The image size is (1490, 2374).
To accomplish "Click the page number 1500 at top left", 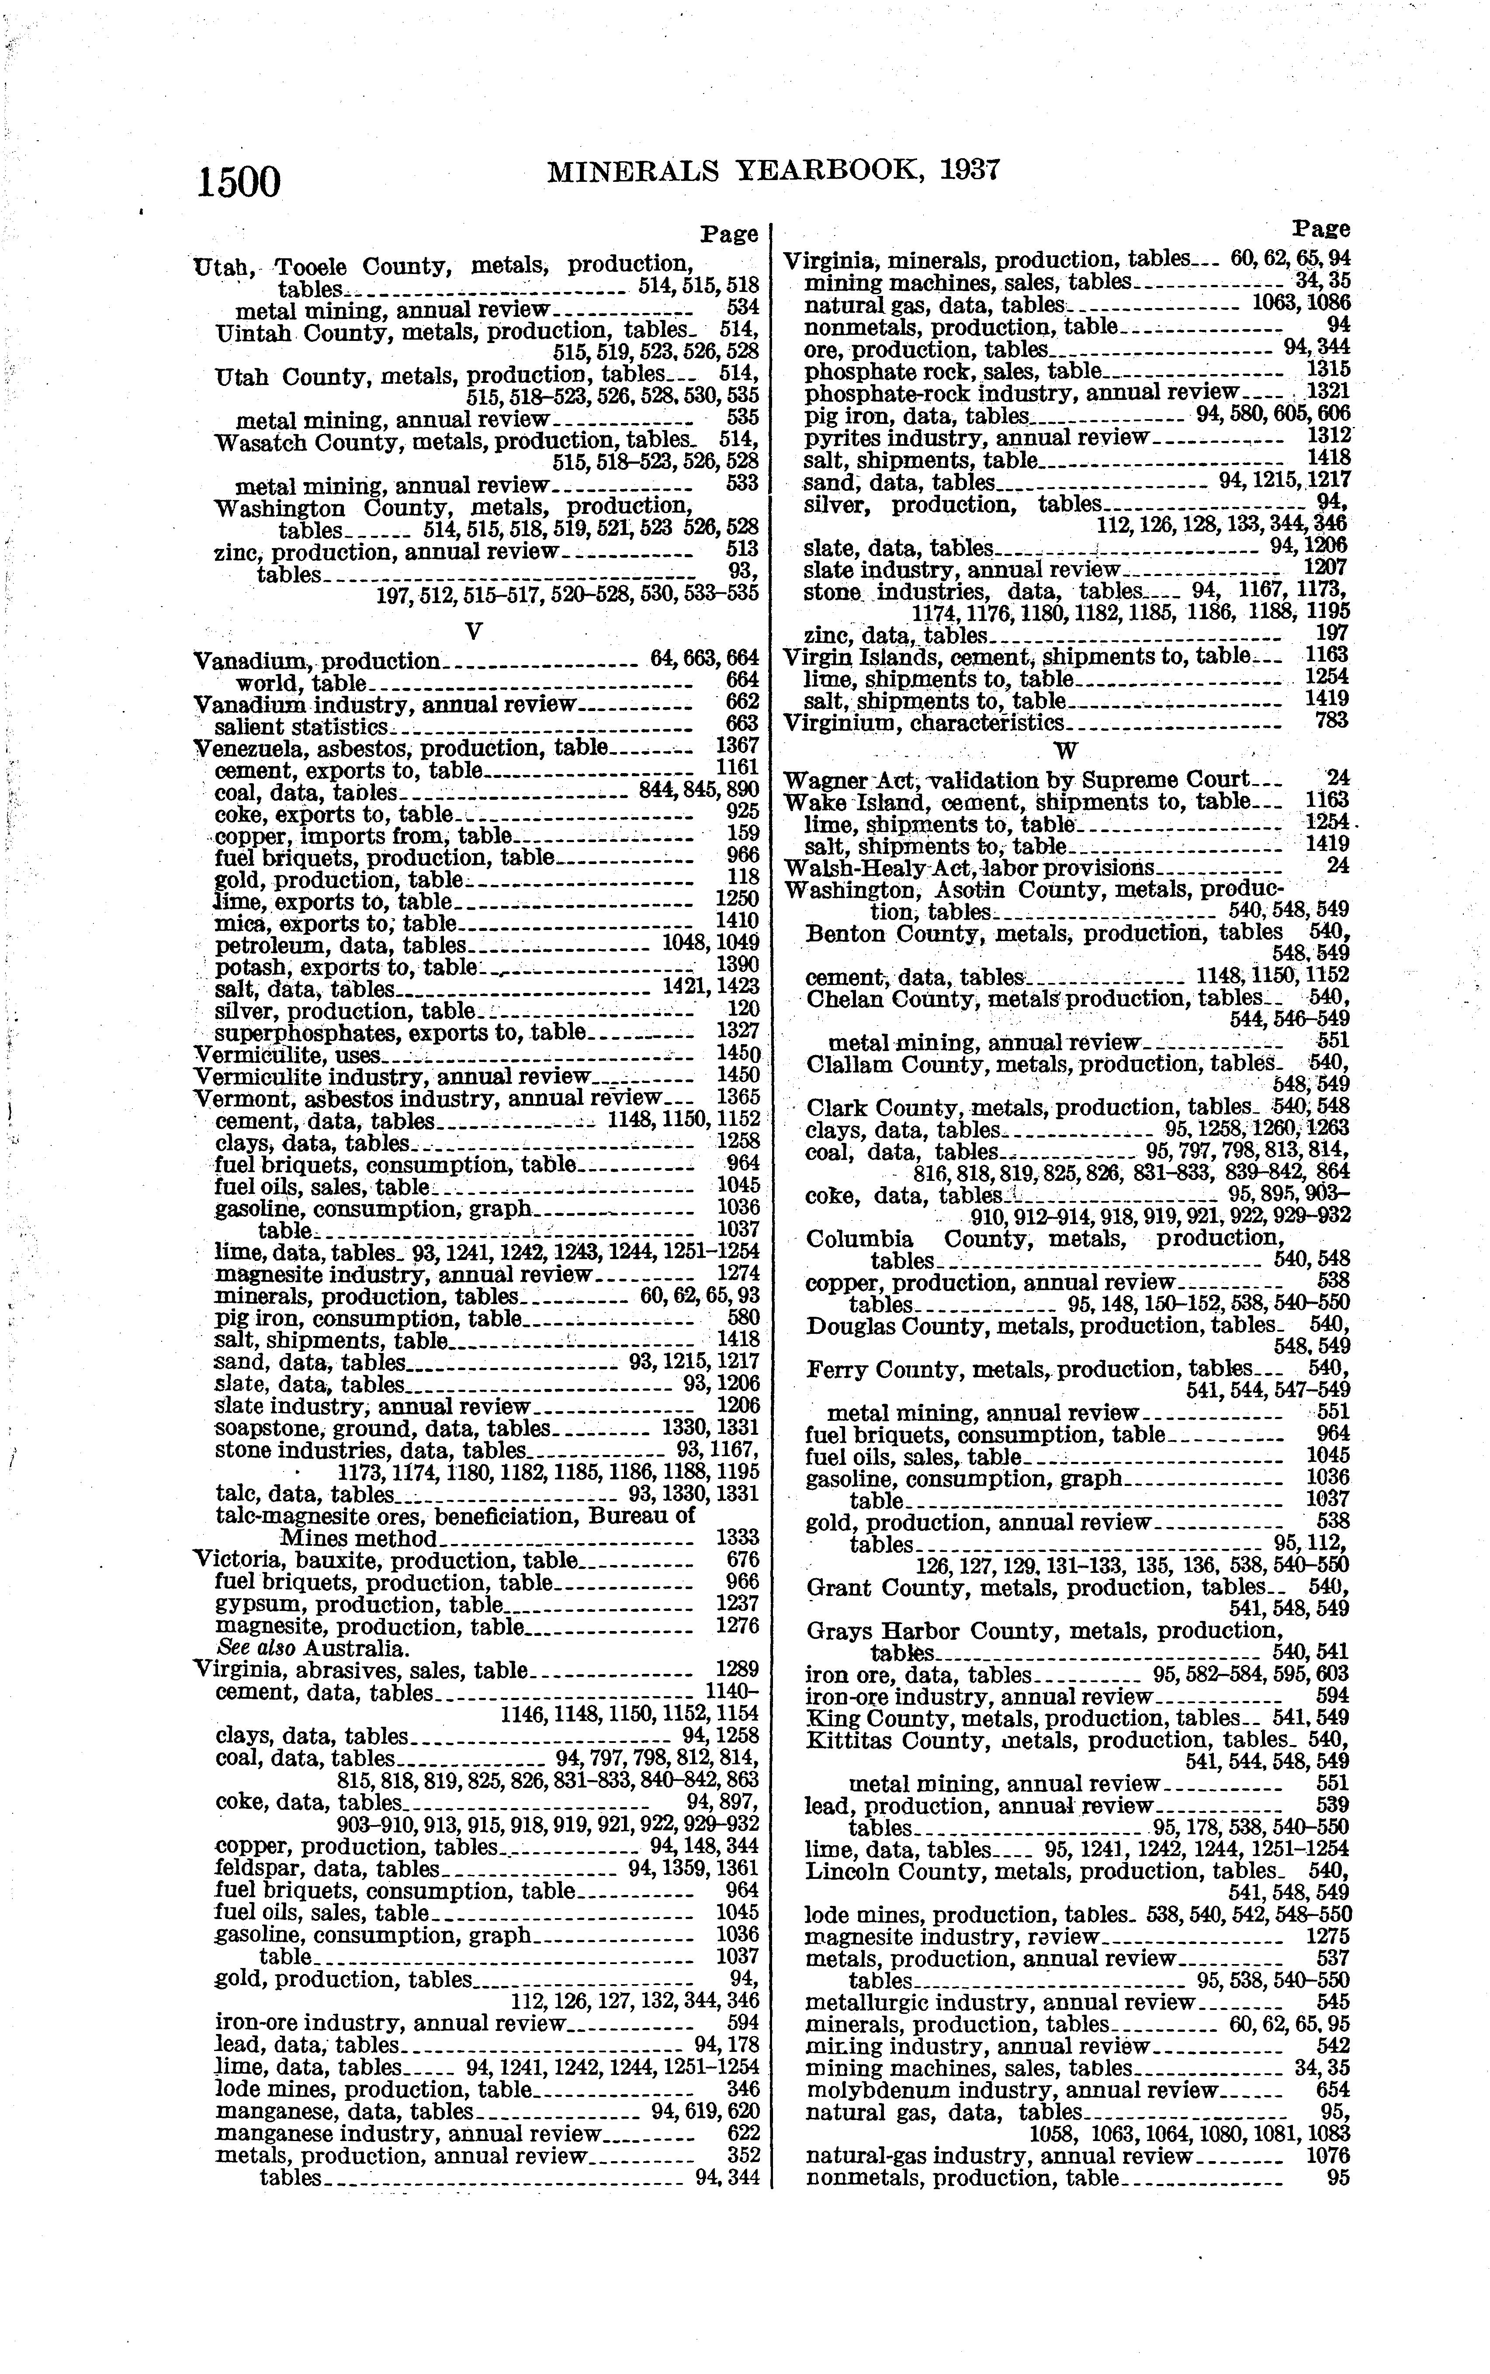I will coord(239,183).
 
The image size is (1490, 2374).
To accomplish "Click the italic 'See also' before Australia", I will coord(258,1649).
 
